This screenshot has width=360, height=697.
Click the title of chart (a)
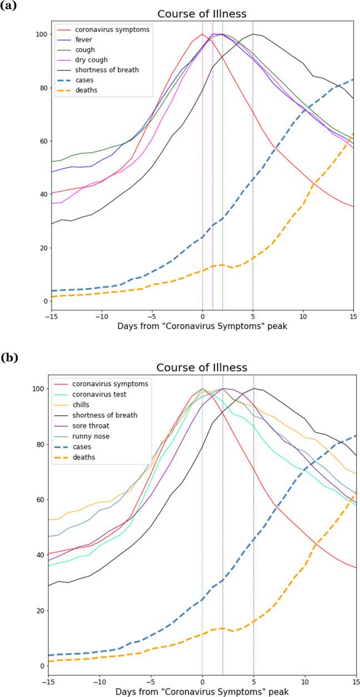[x=202, y=14]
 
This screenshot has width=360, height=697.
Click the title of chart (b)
[x=202, y=368]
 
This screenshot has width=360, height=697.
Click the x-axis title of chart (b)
[x=202, y=690]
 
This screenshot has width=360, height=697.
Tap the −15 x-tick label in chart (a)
[x=51, y=315]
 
